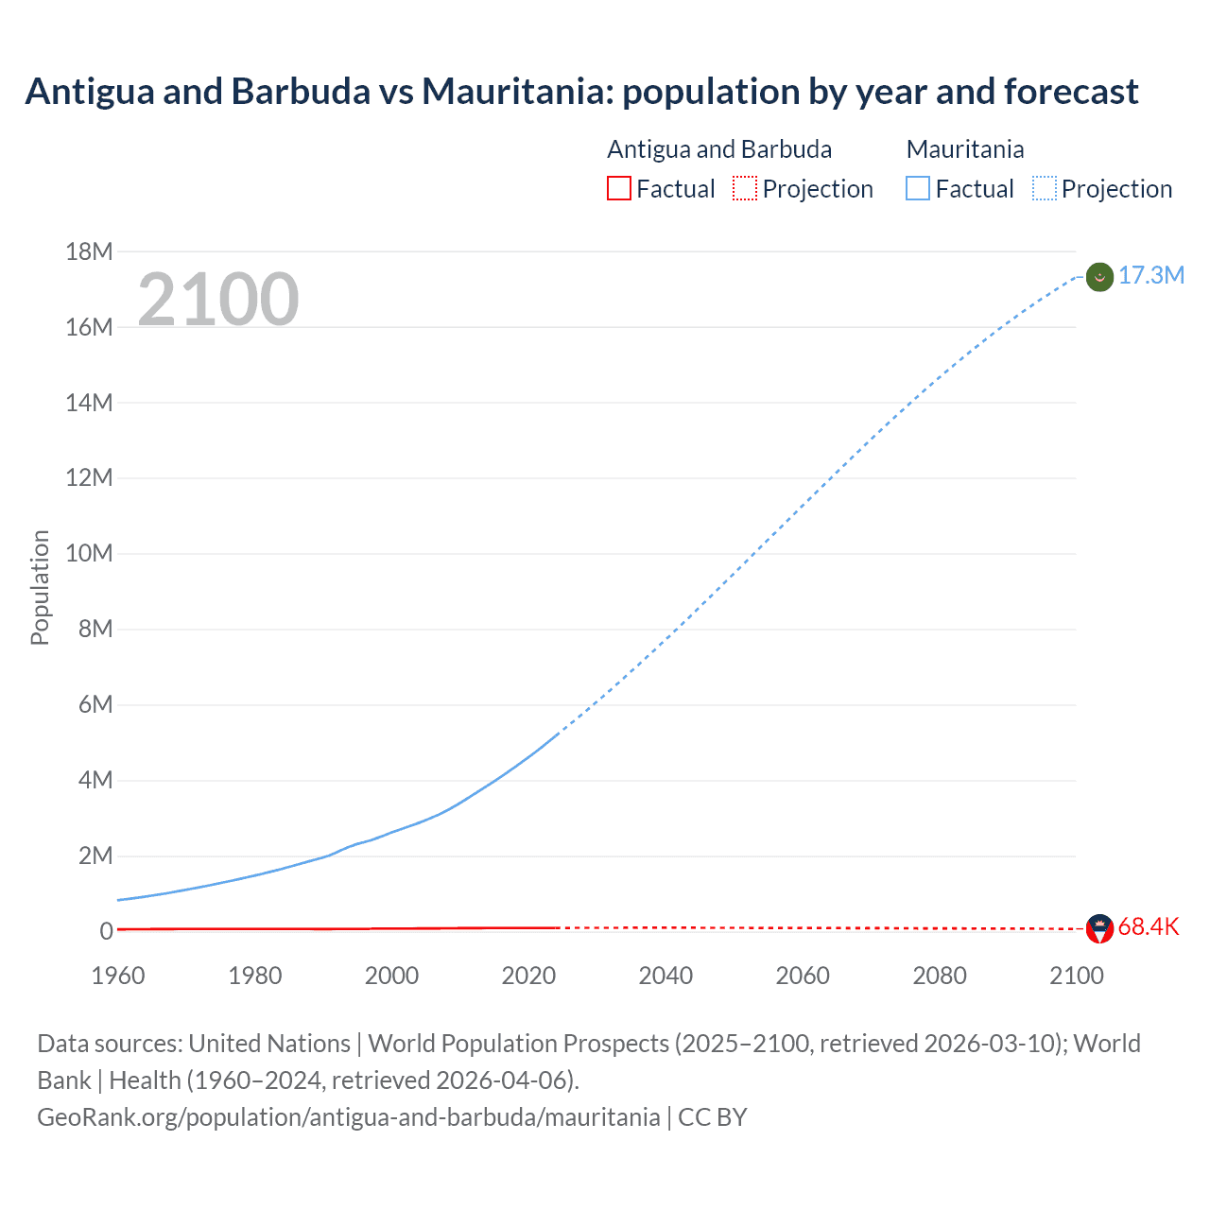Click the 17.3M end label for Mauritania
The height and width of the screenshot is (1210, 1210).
pos(1150,275)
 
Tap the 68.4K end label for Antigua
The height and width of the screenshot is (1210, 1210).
pos(1148,926)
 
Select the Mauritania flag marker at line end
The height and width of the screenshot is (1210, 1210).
pos(1099,277)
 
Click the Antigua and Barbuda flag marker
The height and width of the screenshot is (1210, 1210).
pos(1099,928)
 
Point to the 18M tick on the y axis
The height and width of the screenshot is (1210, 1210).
pos(89,251)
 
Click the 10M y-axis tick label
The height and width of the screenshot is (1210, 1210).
pos(89,553)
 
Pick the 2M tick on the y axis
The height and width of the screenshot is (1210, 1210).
pos(95,856)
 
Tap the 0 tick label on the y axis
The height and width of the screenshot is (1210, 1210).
pos(106,931)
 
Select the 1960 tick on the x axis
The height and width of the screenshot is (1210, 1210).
pos(118,976)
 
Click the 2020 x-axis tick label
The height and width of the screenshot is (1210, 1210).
pos(528,976)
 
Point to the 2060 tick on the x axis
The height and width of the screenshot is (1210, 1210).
pos(803,976)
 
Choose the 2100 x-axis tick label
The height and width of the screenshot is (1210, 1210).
pos(1076,976)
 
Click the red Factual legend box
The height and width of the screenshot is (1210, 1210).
pos(618,188)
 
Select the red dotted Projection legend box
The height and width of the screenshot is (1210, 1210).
pos(745,188)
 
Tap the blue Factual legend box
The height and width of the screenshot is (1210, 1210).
pos(918,188)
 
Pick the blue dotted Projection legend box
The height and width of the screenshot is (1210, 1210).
pos(1045,188)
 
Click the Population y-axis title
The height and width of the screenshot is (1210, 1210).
pos(40,587)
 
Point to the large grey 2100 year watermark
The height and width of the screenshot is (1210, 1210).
pos(218,300)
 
